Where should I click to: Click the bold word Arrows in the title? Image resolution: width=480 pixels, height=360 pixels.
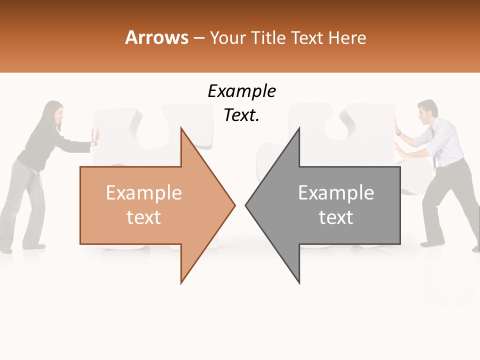tap(157, 37)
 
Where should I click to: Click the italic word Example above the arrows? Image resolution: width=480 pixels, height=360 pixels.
tap(241, 91)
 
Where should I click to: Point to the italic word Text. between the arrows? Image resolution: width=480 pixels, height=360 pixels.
tap(241, 115)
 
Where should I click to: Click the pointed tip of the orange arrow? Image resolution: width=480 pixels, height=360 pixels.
tap(234, 204)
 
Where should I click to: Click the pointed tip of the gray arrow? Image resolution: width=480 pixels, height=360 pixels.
tap(246, 204)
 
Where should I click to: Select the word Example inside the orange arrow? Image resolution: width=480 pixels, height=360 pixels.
tap(144, 193)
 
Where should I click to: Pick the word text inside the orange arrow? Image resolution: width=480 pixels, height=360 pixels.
tap(144, 217)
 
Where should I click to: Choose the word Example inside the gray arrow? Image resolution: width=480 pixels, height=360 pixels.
tap(336, 193)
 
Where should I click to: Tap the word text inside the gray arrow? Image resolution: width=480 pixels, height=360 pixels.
tap(336, 217)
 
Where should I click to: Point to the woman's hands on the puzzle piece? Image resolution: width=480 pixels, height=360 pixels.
tap(94, 136)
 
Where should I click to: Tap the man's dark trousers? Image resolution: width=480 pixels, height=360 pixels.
tap(445, 200)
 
